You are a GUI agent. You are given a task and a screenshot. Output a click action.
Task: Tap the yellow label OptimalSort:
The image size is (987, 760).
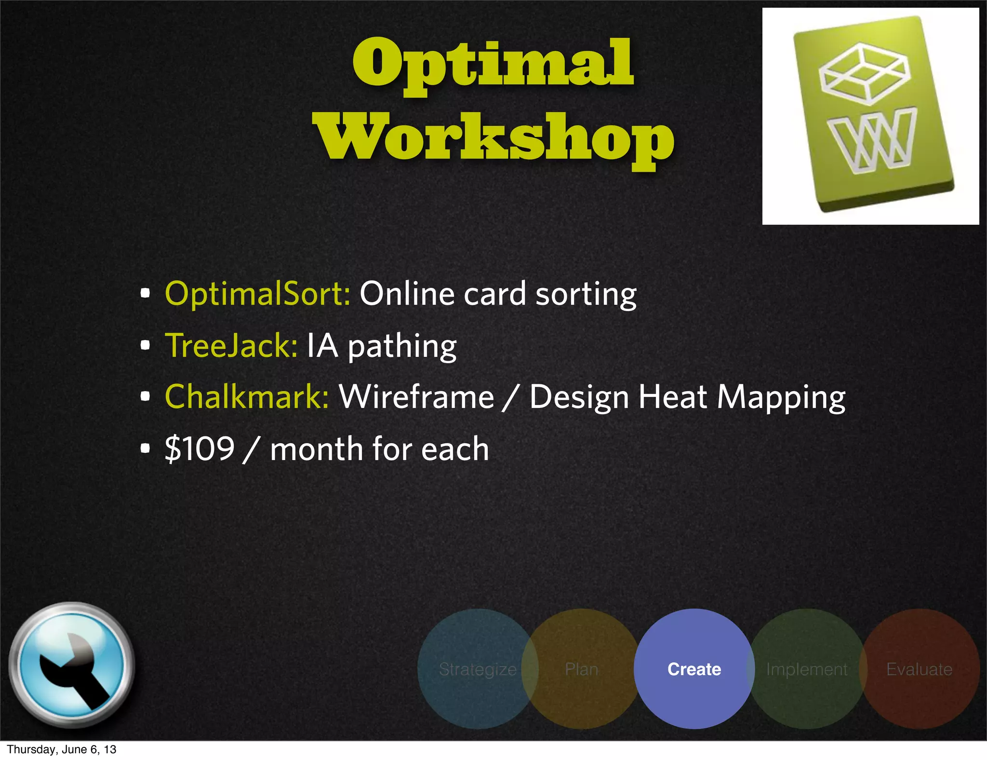[257, 294]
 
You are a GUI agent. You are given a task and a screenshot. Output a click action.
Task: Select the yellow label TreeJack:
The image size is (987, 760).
[231, 346]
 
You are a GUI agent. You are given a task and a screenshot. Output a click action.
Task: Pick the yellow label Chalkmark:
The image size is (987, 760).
[247, 397]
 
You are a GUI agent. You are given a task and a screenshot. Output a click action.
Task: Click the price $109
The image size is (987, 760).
[200, 449]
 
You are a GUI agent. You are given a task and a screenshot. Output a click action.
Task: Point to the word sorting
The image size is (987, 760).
[586, 295]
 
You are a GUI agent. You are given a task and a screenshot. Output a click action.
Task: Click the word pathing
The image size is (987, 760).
[402, 347]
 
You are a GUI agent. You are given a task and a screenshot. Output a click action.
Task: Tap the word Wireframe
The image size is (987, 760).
[416, 397]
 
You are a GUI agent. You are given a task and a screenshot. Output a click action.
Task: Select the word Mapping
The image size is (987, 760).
[781, 398]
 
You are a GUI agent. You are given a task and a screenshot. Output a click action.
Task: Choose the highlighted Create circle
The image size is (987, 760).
[694, 669]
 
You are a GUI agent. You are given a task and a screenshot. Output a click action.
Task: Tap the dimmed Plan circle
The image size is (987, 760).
[582, 669]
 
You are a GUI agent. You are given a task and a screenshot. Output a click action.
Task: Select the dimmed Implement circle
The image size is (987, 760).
[807, 669]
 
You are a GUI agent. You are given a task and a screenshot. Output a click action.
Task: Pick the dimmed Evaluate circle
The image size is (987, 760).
[920, 669]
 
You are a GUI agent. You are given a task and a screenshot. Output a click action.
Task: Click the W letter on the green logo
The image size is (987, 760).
[871, 140]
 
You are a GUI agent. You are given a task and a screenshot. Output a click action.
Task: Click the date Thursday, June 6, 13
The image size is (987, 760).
[62, 749]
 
